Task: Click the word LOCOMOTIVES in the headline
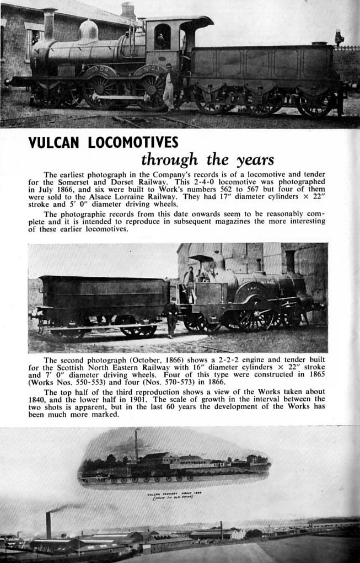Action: [132, 143]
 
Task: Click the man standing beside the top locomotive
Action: [168, 87]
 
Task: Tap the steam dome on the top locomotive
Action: [88, 31]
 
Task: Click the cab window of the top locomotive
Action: [162, 36]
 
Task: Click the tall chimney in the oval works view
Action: [136, 444]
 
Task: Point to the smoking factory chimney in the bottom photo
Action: [49, 525]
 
